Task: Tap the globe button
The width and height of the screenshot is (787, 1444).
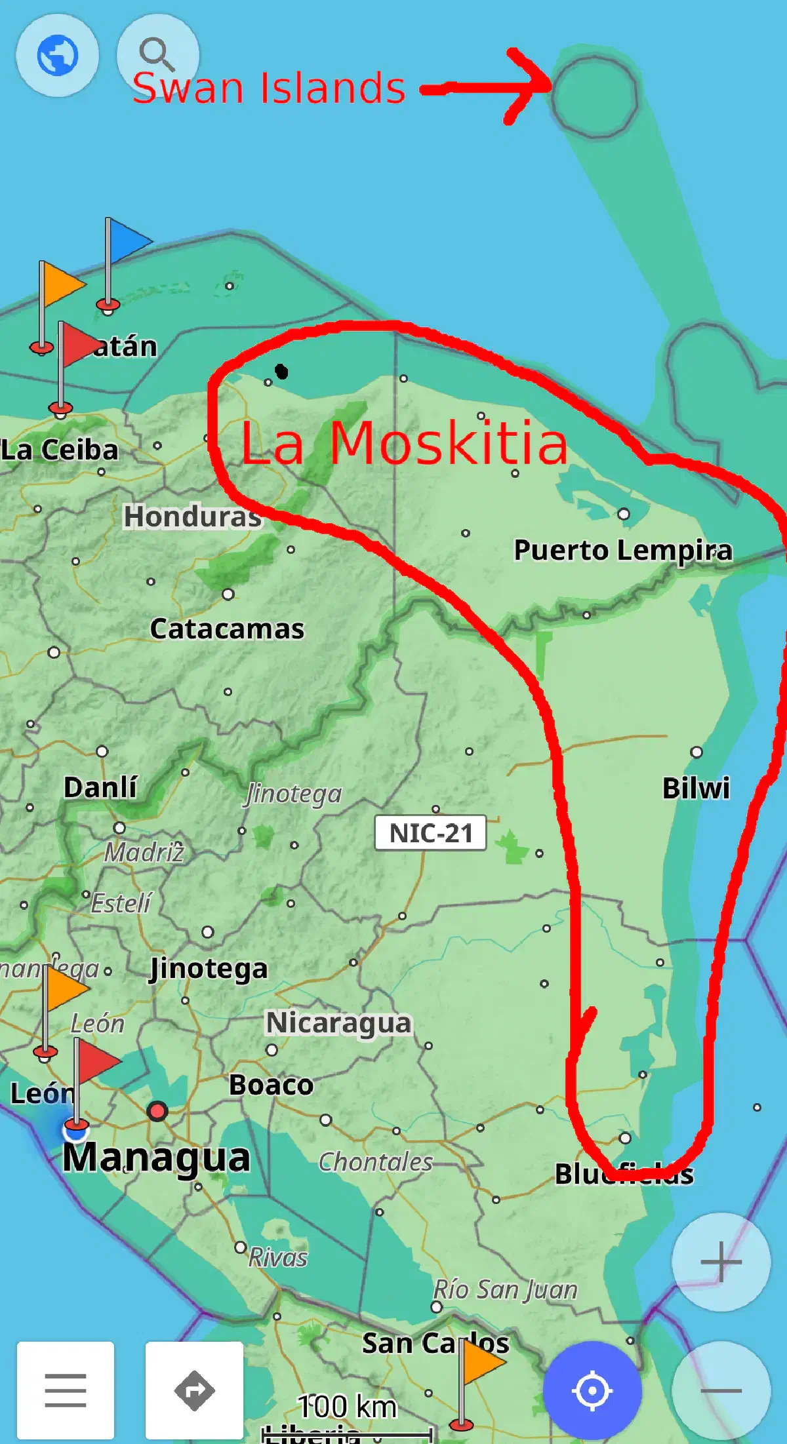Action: pyautogui.click(x=58, y=55)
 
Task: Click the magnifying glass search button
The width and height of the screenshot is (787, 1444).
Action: pyautogui.click(x=157, y=54)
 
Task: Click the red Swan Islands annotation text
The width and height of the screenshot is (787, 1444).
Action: pyautogui.click(x=269, y=88)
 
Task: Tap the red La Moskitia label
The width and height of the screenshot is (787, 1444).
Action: pyautogui.click(x=403, y=444)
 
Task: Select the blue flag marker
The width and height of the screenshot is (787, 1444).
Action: pyautogui.click(x=129, y=241)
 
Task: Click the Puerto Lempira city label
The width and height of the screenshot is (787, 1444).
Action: pyautogui.click(x=622, y=550)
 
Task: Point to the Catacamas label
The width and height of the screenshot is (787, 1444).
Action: pyautogui.click(x=227, y=629)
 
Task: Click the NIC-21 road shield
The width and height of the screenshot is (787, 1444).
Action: pyautogui.click(x=430, y=833)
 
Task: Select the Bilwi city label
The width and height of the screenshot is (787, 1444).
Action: pyautogui.click(x=696, y=788)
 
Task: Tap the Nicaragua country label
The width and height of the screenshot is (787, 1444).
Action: pyautogui.click(x=338, y=1023)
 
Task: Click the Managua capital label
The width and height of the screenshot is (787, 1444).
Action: pyautogui.click(x=156, y=1157)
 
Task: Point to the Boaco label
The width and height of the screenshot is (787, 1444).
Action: pyautogui.click(x=271, y=1085)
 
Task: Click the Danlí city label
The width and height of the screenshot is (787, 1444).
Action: pyautogui.click(x=100, y=787)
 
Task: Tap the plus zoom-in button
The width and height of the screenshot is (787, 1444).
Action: pyautogui.click(x=721, y=1262)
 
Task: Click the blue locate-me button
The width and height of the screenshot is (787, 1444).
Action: pyautogui.click(x=592, y=1390)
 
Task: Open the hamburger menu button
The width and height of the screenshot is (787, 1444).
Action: pyautogui.click(x=66, y=1390)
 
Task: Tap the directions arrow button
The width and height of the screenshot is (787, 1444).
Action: pyautogui.click(x=194, y=1390)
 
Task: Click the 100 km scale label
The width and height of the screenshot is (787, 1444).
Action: pyautogui.click(x=347, y=1407)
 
